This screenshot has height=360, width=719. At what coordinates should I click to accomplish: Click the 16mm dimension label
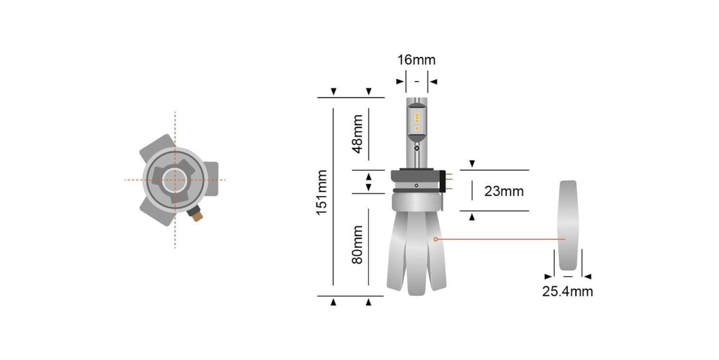pyautogui.click(x=416, y=60)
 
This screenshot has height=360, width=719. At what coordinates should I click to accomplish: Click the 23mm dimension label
pyautogui.click(x=503, y=192)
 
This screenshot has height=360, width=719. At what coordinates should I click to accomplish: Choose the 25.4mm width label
pyautogui.click(x=567, y=292)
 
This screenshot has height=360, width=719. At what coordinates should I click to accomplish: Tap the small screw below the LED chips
pyautogui.click(x=416, y=148)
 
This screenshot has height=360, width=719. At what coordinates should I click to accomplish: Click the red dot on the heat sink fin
pyautogui.click(x=436, y=239)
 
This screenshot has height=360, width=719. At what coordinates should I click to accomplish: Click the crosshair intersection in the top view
pyautogui.click(x=175, y=180)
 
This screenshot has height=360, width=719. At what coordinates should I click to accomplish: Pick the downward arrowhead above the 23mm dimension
pyautogui.click(x=472, y=164)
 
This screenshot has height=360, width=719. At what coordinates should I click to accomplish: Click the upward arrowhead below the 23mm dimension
pyautogui.click(x=472, y=217)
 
